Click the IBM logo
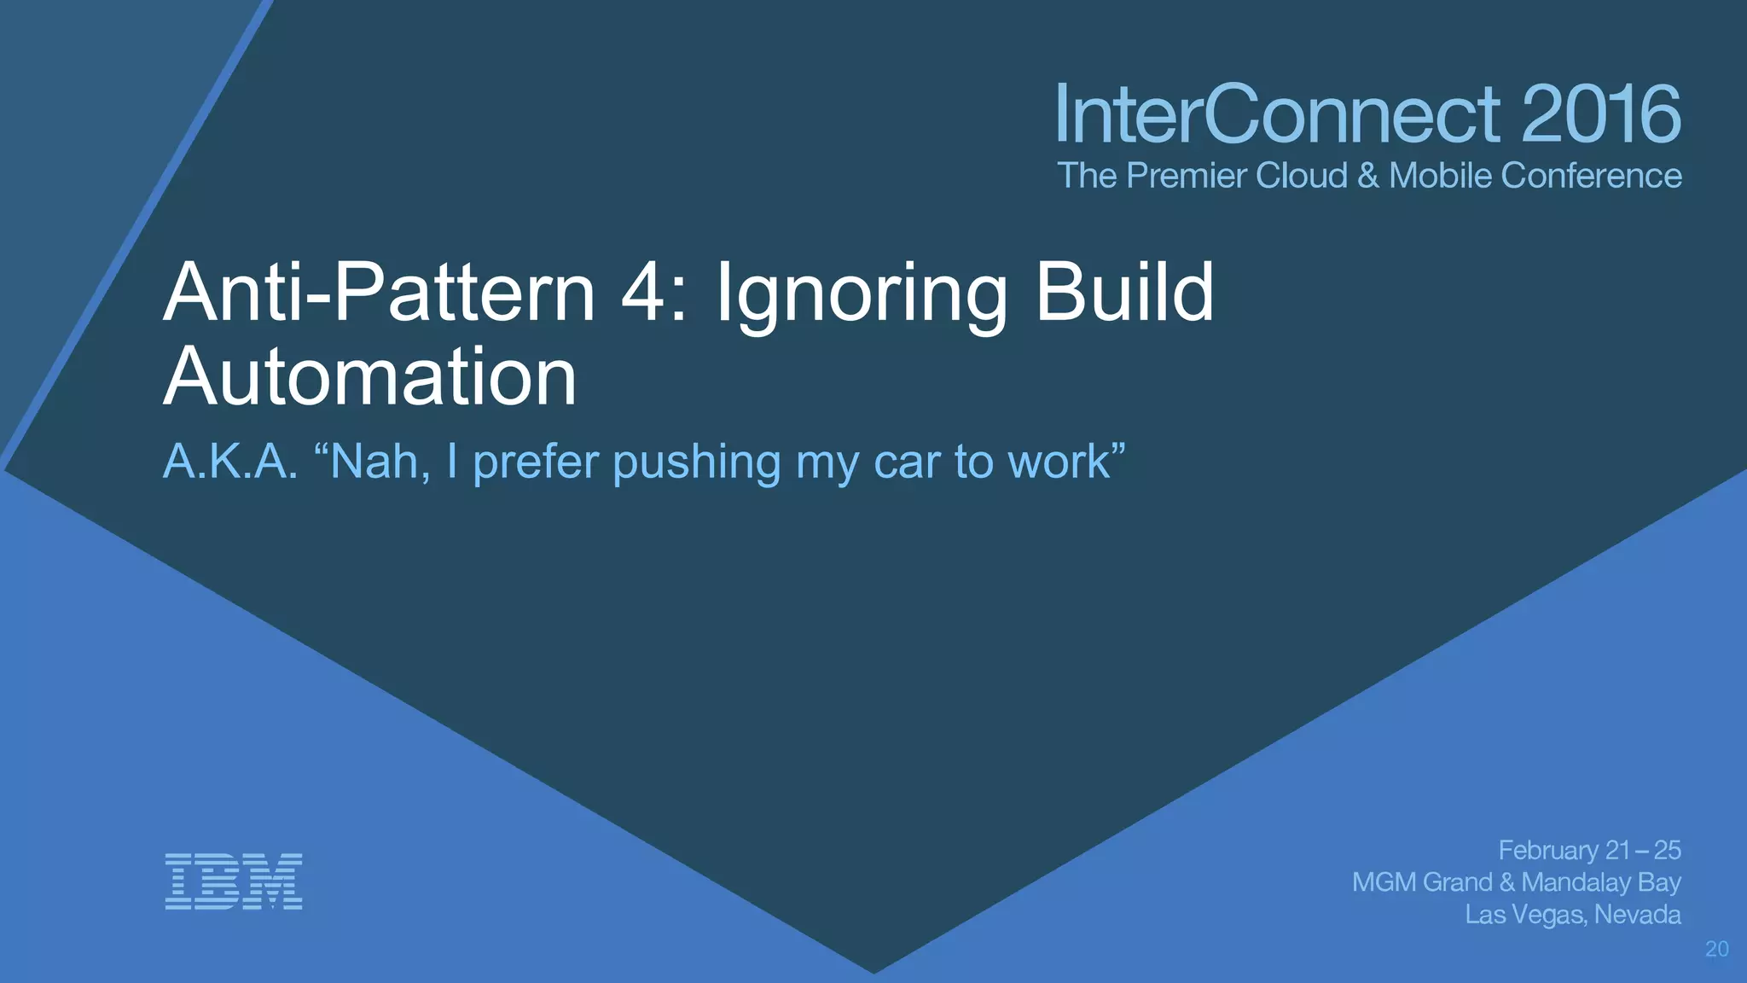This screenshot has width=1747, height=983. [233, 881]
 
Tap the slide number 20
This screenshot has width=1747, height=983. [1716, 949]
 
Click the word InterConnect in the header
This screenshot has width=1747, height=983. [1276, 114]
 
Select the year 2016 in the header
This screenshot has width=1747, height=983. [1600, 114]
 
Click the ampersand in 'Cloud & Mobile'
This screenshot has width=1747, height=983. [1368, 176]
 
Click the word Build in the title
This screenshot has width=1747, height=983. [1124, 293]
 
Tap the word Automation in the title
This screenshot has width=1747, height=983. [370, 376]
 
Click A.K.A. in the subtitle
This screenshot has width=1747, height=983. [230, 462]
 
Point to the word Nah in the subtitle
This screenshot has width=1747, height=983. [375, 462]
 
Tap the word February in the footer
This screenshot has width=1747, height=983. [1548, 851]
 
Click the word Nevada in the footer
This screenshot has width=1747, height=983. [1637, 915]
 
